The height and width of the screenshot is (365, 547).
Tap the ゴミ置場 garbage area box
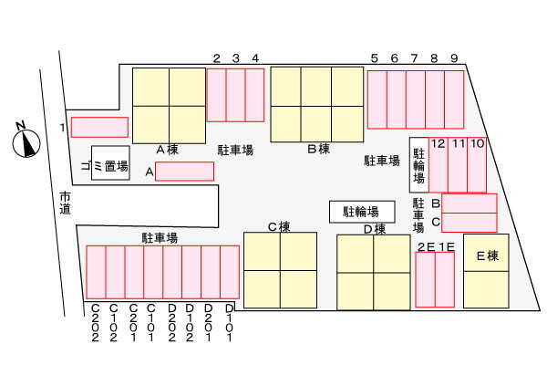pos(110,163)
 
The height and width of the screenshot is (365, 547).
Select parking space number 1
pos(99,127)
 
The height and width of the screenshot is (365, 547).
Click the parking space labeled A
pos(184,172)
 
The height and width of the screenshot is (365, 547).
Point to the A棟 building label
pos(168,150)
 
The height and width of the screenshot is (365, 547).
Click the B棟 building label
pos(318,149)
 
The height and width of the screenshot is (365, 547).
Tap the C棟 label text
pos(279,227)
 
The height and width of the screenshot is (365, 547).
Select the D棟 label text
pos(375,229)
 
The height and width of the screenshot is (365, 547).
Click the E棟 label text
pos(488,256)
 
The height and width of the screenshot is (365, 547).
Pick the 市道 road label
pos(65,203)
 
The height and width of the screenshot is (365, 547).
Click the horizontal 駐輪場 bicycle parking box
pos(362,212)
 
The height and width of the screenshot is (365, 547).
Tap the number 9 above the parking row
pos(454,58)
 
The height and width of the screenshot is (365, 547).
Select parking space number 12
pos(439,165)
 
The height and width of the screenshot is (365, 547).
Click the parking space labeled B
pos(470,203)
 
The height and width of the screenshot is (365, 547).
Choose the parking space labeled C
pos(470,223)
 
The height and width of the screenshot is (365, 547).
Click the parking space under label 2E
pos(425,280)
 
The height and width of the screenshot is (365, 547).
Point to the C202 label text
pos(95,323)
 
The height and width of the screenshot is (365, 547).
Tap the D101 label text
pos(229,323)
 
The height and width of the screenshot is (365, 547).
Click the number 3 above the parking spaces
pos(236,58)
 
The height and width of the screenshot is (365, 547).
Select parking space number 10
pos(477,165)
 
